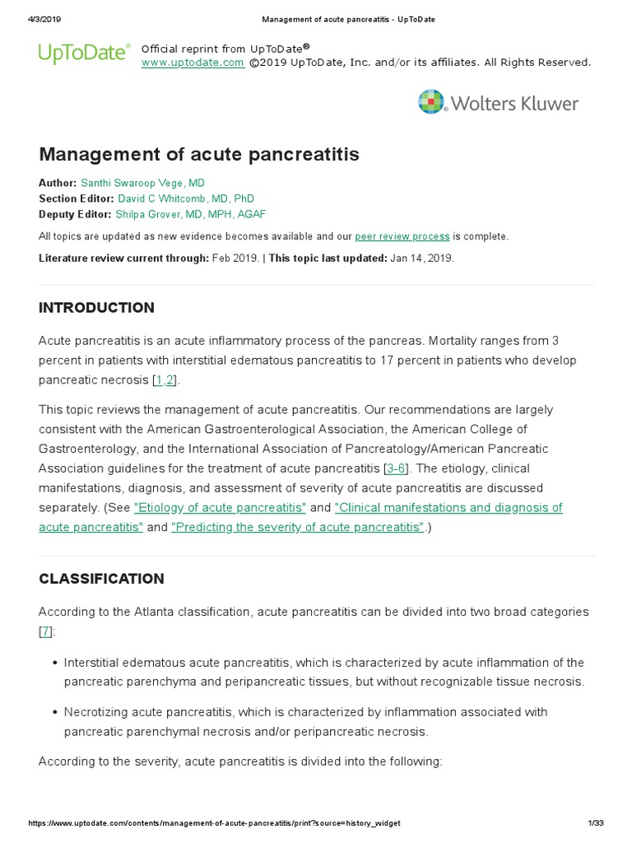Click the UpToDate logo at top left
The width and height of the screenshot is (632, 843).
point(84,54)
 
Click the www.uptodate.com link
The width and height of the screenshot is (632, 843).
point(193,63)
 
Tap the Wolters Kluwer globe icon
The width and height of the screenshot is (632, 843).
point(431,102)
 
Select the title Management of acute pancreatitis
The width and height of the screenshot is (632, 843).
point(199,155)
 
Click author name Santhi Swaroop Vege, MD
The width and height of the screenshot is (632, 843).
point(142,183)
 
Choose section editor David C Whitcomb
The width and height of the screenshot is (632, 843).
point(186,198)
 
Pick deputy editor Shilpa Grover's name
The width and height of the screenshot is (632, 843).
point(191,214)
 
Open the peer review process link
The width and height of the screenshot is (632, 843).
point(402,236)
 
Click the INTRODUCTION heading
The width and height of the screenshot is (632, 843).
point(96,308)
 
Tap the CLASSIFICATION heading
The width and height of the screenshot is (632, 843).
point(101,579)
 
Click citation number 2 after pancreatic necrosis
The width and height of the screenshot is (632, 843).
point(170,380)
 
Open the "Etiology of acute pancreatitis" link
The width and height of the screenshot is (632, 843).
point(220,507)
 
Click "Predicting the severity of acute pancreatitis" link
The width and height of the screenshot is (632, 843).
point(298,527)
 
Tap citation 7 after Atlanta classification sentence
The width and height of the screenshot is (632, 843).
point(45,631)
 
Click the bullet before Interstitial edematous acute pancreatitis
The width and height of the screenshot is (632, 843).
point(54,663)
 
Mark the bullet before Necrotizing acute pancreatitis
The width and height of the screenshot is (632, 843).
point(54,712)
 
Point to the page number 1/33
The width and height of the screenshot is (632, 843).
point(596,823)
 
